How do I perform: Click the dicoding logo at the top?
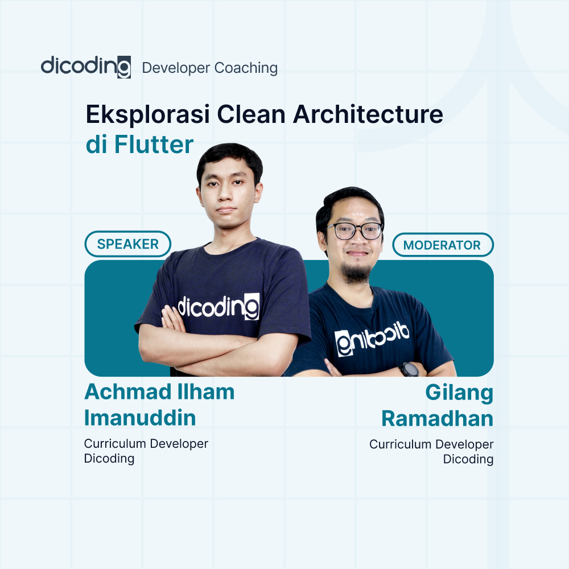point(85,67)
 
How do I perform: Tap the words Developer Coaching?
point(209,68)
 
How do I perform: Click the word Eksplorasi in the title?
point(145,115)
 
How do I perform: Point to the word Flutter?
point(154,145)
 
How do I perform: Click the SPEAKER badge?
point(127,244)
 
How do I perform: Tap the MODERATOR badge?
point(442,245)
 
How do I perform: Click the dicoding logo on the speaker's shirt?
point(218,307)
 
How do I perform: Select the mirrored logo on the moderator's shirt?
point(371,338)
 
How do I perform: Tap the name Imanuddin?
point(140,418)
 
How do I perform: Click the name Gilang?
point(459,393)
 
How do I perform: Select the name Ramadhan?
point(437,418)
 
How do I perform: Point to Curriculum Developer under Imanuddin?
point(146,443)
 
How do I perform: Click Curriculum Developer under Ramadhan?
point(431,444)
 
